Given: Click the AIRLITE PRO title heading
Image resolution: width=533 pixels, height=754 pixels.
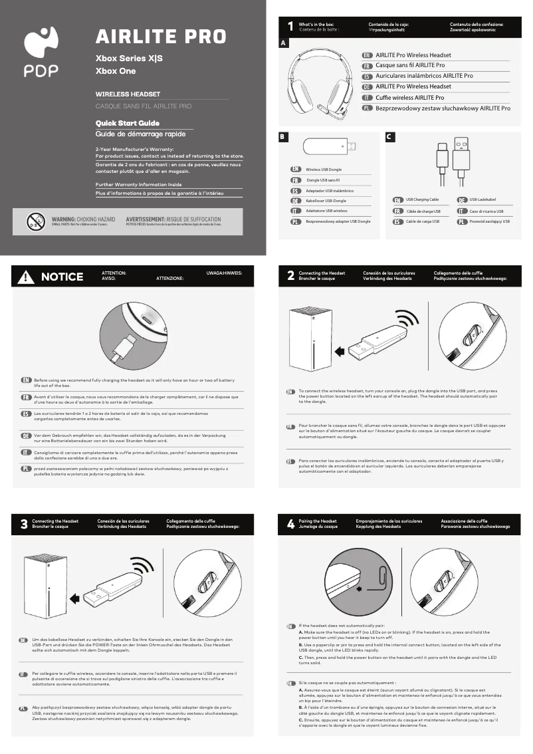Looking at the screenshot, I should coord(161,36).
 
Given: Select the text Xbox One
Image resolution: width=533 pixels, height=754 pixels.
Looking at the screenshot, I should coord(116,70).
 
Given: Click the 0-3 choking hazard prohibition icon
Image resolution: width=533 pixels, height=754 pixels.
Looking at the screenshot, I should coord(35,221).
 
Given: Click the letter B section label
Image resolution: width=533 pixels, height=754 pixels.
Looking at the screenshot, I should coord(282,137).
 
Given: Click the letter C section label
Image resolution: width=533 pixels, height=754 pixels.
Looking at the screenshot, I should coord(390,137).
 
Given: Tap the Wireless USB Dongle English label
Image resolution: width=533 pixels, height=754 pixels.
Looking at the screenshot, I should coord(323,170).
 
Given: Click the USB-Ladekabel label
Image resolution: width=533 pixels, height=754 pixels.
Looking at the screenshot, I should coord(482,199).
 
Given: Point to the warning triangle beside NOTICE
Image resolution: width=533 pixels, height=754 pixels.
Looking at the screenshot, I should coord(27,277).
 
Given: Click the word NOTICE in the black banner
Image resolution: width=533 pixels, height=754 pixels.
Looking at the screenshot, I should coord(62,277).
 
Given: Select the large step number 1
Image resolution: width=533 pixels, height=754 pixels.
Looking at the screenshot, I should coord(290,27).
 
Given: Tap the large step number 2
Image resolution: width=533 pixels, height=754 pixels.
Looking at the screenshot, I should coord(290,276).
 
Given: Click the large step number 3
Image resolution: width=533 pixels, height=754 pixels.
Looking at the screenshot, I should coord(24,524).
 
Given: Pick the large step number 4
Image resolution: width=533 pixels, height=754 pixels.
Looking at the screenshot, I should coord(290,524).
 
